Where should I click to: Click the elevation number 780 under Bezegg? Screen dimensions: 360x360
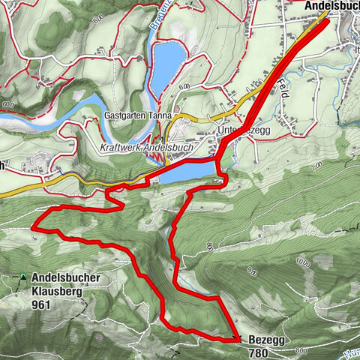257,352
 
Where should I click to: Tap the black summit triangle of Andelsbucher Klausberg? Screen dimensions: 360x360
24,277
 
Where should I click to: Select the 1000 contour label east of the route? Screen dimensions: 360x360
303,262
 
